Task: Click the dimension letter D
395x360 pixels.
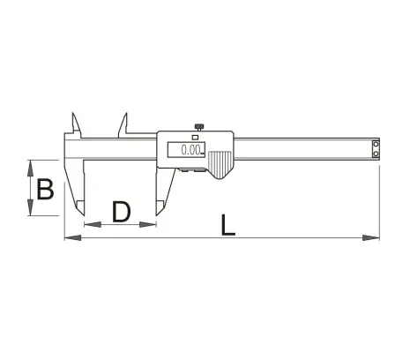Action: (x=122, y=212)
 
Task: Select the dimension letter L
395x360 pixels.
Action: (x=228, y=225)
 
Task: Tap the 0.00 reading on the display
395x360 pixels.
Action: (x=190, y=150)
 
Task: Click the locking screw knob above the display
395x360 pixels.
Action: (x=198, y=127)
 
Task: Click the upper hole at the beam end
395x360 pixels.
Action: (x=376, y=144)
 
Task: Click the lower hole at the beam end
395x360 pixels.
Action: (x=376, y=154)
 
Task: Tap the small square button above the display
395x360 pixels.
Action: (x=195, y=137)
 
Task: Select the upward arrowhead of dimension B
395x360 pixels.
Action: (x=30, y=169)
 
